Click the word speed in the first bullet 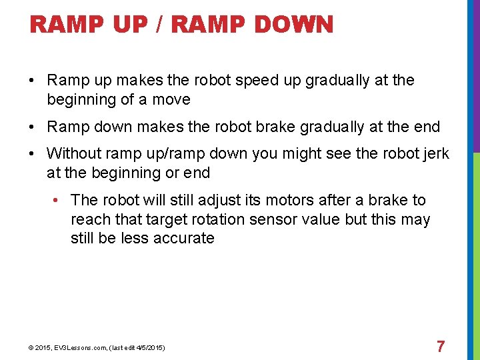(281, 81)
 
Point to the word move (172, 100)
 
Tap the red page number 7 (440, 347)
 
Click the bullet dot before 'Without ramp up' (33, 153)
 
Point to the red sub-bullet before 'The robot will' (57, 200)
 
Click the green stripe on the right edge (475, 253)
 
